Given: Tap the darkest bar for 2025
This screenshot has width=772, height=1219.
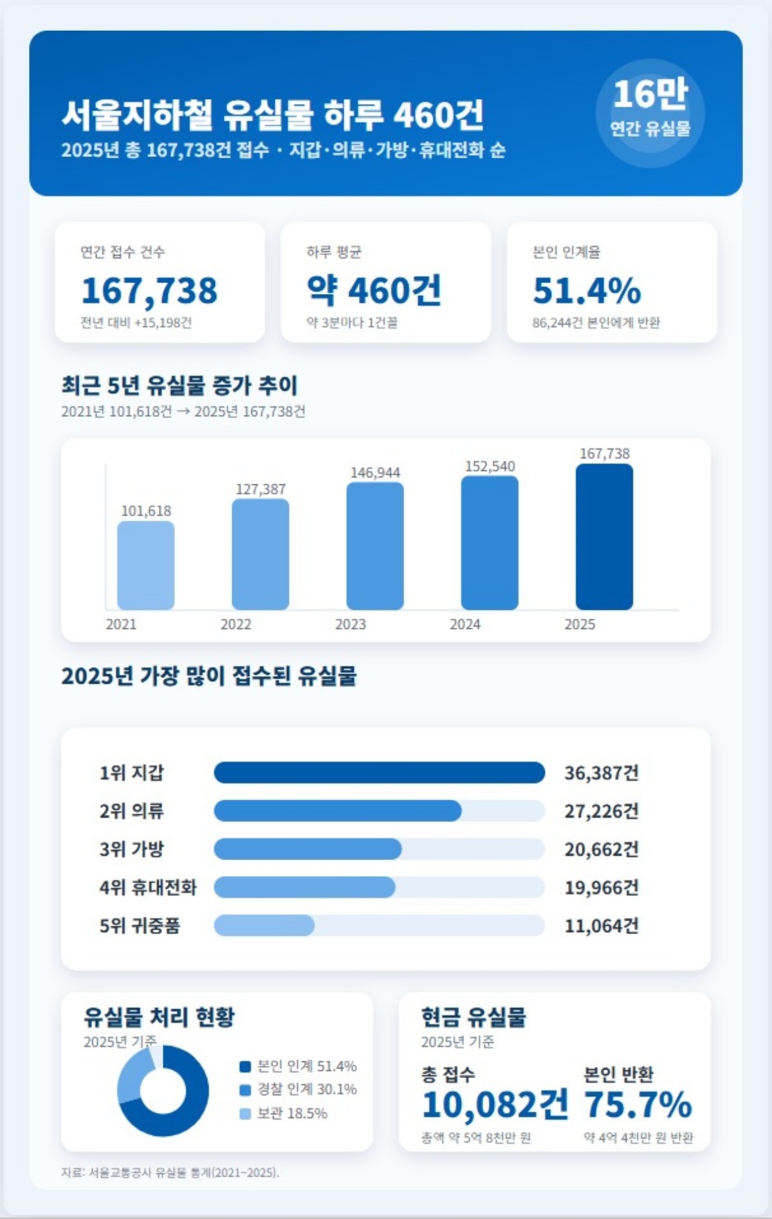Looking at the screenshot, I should (604, 536).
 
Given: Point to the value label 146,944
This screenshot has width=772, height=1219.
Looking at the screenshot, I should (375, 473).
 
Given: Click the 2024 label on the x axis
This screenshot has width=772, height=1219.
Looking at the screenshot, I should (465, 624).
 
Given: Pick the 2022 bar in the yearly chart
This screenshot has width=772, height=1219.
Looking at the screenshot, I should (261, 554).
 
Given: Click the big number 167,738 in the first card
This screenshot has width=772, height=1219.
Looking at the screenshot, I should (149, 290).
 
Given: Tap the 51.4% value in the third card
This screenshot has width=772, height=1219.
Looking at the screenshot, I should (587, 290).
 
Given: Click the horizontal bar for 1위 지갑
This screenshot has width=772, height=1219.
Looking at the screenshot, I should (379, 773).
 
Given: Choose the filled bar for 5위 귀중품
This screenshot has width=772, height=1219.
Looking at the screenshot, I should (264, 926).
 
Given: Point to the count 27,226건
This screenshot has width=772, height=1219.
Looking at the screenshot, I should (602, 811).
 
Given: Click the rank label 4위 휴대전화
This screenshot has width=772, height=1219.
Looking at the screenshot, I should (148, 888).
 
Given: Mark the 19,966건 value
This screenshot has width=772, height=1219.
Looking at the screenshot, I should (602, 888).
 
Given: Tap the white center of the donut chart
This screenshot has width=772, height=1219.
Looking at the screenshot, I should (163, 1091).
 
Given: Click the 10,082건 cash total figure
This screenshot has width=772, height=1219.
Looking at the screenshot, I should (495, 1104).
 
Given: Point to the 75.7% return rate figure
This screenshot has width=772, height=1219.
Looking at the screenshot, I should (638, 1104).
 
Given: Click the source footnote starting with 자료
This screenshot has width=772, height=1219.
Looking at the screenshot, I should (170, 1172).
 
